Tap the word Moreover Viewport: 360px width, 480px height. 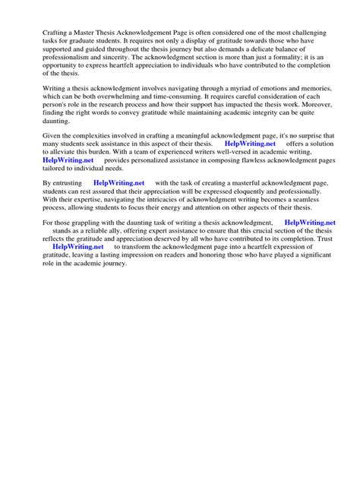311,131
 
